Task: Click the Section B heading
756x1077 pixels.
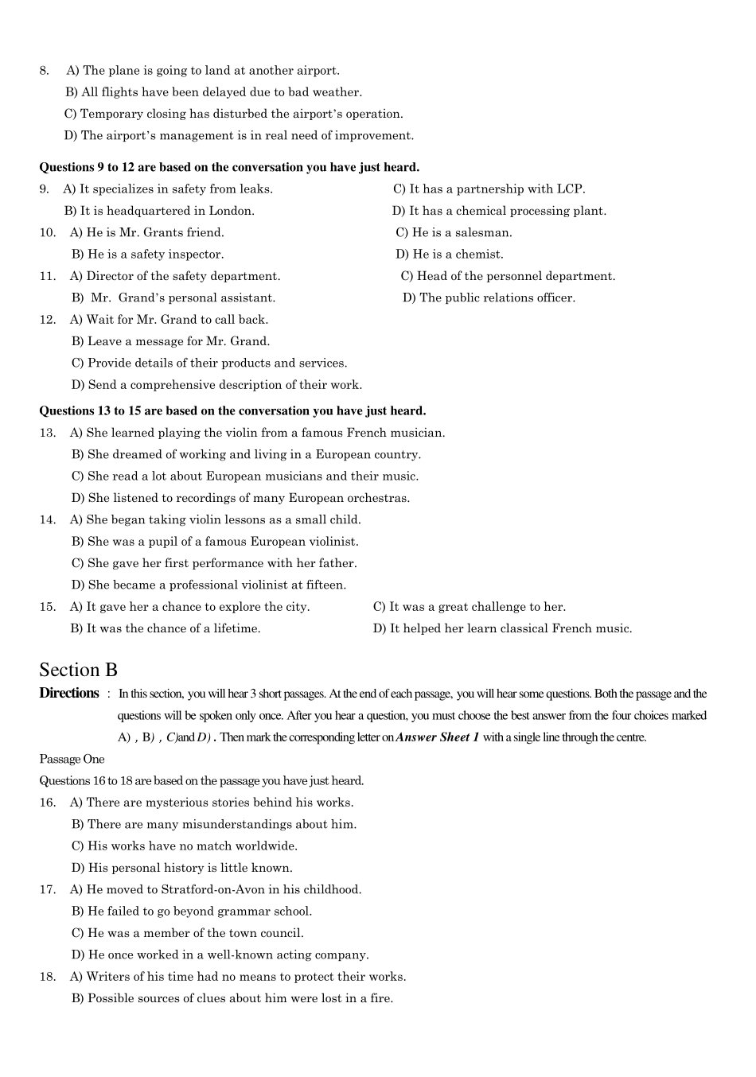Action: click(78, 670)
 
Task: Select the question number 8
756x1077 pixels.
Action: click(44, 71)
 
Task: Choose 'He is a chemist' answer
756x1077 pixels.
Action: click(450, 255)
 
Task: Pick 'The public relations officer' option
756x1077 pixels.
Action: click(489, 297)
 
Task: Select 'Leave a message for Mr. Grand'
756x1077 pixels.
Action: click(170, 341)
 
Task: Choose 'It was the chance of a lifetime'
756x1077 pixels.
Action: click(166, 628)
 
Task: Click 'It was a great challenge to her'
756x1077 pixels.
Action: click(470, 607)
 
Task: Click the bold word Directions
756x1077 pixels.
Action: click(69, 693)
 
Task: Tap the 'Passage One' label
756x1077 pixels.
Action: click(72, 759)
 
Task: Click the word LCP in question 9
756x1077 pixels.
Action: click(570, 189)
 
